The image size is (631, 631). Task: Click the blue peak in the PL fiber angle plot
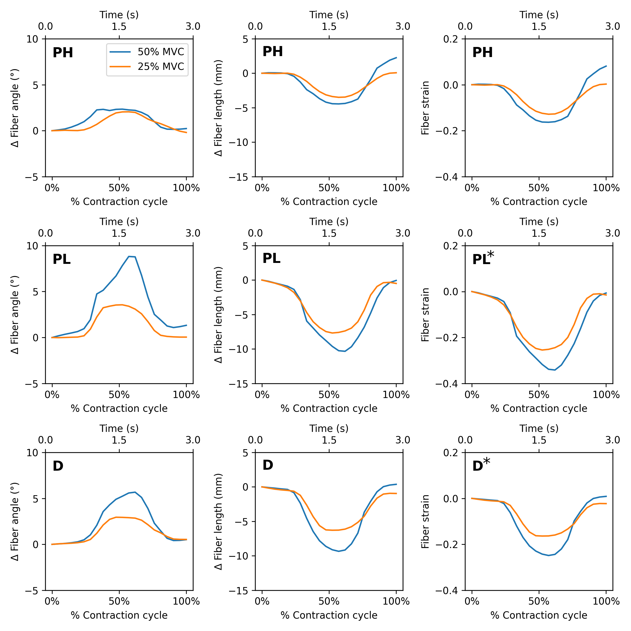(129, 256)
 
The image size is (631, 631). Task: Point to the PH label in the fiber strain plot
(482, 53)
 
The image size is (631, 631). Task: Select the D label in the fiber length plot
(268, 465)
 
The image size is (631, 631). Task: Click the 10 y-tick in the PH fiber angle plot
(32, 39)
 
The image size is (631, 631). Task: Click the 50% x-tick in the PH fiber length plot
(329, 188)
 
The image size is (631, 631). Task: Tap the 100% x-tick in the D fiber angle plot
(186, 602)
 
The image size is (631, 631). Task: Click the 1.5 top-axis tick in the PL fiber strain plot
(539, 233)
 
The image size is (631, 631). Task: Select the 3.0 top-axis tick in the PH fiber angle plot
(193, 26)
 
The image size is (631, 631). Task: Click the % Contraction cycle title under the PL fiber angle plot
(119, 409)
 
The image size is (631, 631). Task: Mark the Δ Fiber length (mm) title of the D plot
(219, 522)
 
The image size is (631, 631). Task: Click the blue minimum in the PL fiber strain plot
(555, 370)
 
